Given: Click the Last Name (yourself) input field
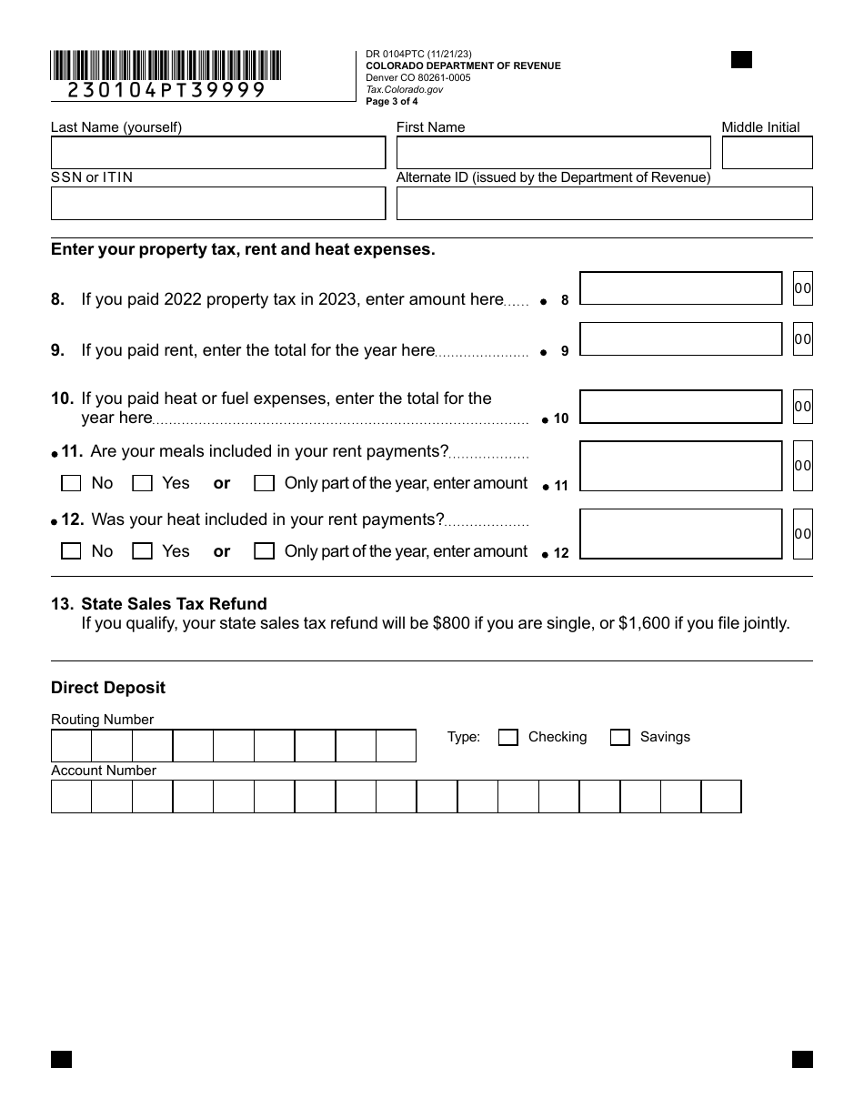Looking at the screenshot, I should (218, 153).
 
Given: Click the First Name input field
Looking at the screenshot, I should (553, 153).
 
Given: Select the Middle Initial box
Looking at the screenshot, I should (767, 153).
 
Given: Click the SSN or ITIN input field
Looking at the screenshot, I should (218, 204).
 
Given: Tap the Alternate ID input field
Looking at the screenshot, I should (604, 204).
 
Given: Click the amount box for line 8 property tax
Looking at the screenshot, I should (680, 288).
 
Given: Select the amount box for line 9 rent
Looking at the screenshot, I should (680, 339).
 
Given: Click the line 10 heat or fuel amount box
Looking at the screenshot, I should (680, 407).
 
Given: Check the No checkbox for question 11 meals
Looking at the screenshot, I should (71, 484).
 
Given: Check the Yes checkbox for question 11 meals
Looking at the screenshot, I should (142, 484).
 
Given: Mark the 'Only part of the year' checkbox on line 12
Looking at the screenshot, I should (264, 551).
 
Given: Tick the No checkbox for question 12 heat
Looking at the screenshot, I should (71, 551).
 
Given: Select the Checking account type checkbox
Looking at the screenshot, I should (508, 738).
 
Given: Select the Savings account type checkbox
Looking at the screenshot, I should (619, 738).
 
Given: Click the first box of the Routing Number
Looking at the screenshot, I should (71, 746).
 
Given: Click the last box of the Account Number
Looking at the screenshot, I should (721, 797).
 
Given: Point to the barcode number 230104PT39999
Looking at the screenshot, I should (166, 90).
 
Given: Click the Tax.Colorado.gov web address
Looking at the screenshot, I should (405, 90).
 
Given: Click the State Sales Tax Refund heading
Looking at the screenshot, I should (174, 604).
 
